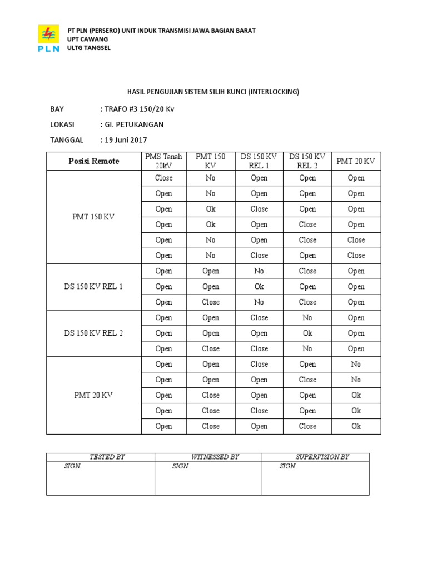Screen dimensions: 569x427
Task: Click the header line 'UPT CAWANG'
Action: click(x=87, y=39)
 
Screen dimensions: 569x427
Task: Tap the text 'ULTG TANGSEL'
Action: click(x=88, y=48)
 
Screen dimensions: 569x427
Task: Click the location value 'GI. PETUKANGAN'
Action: click(x=132, y=124)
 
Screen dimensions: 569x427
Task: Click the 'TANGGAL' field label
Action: click(x=66, y=140)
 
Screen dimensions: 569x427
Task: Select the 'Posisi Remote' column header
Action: click(x=93, y=161)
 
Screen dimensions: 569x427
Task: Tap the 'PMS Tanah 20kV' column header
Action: click(x=163, y=161)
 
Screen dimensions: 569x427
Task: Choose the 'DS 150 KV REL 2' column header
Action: click(x=307, y=161)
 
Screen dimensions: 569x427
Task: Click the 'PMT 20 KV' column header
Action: click(x=356, y=161)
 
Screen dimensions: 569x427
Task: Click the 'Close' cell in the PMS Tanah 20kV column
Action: click(x=163, y=178)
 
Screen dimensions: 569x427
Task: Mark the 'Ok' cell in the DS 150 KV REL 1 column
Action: click(x=259, y=287)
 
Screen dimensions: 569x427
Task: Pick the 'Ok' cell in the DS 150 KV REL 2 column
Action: click(x=307, y=333)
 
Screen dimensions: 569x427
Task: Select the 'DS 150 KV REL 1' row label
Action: click(x=93, y=287)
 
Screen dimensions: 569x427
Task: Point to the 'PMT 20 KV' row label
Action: click(x=93, y=396)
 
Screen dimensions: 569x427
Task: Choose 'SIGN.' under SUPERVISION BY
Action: click(x=287, y=467)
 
